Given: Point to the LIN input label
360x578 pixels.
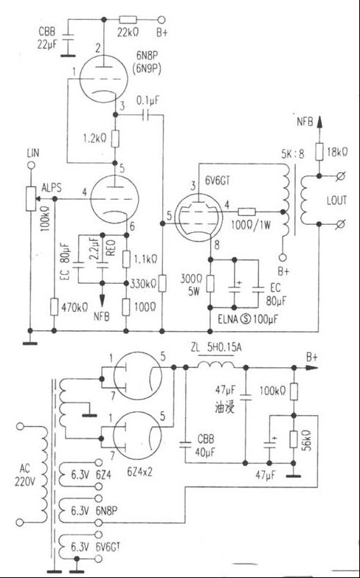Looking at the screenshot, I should coord(31,152).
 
